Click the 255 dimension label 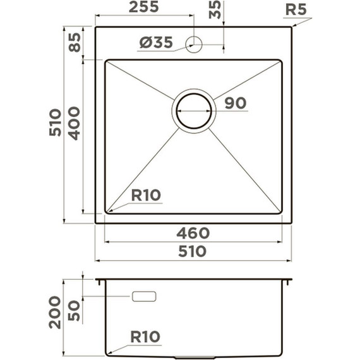click(x=144, y=7)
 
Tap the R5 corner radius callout click(x=296, y=9)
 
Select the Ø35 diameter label click(x=156, y=42)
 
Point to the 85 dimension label click(x=75, y=42)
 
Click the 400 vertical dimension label click(x=75, y=124)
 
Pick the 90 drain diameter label click(x=236, y=103)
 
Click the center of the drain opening click(x=194, y=111)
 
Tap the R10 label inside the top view click(x=146, y=195)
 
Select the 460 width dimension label click(x=193, y=233)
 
